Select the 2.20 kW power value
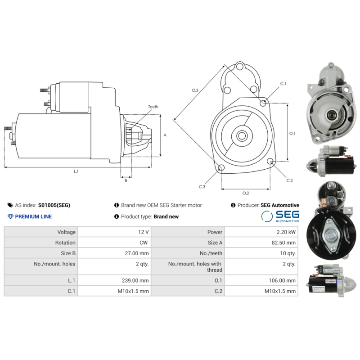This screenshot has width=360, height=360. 289,232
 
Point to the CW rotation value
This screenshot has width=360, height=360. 144,243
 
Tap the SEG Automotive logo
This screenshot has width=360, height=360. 280,216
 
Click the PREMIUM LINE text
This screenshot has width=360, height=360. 33,216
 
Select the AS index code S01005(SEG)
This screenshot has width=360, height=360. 54,205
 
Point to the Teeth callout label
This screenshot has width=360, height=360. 153,107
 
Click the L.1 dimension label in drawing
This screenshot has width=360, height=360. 76,171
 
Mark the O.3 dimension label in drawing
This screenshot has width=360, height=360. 195,90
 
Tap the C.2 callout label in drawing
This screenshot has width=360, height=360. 290,180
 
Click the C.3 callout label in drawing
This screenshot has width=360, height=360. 202,187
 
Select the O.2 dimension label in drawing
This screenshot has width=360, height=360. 246,193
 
